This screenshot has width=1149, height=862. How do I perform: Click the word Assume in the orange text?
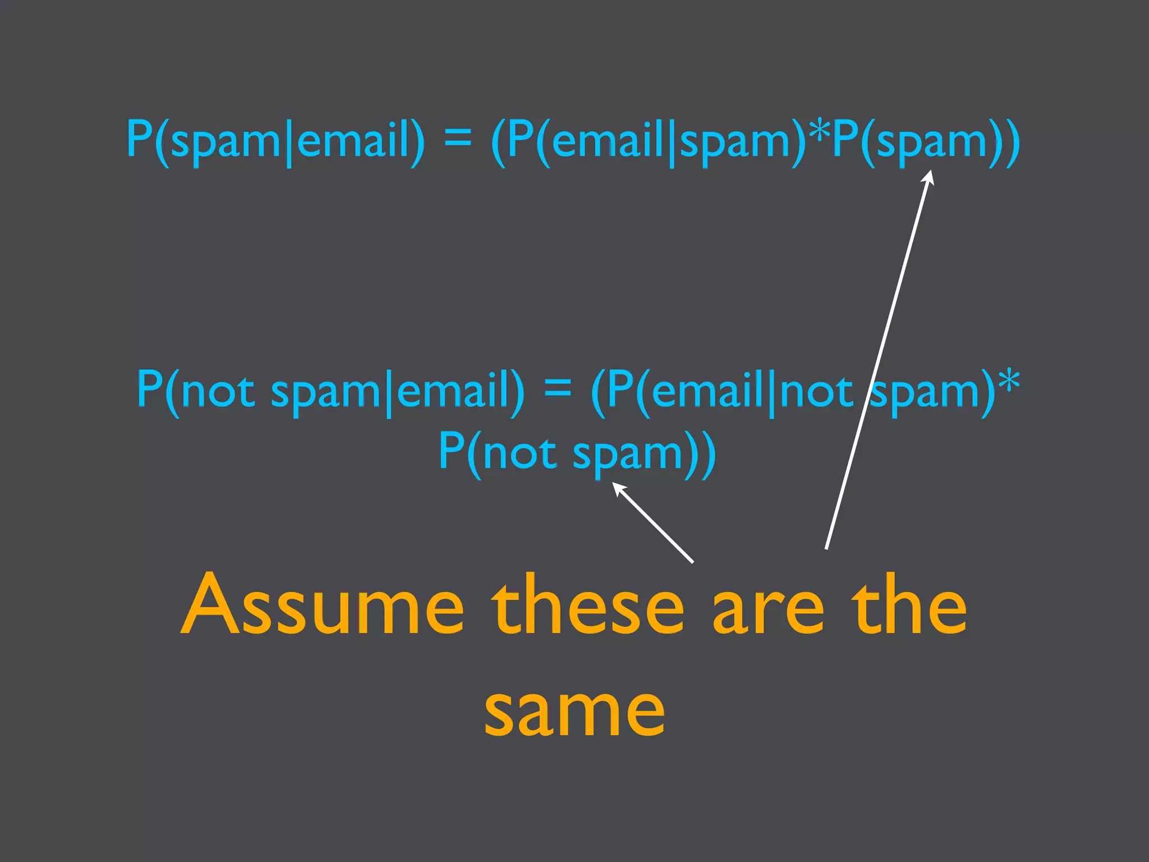(x=322, y=605)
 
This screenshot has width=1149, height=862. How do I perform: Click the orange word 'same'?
(x=574, y=709)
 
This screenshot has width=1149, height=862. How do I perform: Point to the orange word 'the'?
(x=909, y=605)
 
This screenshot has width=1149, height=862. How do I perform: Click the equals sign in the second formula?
(x=558, y=388)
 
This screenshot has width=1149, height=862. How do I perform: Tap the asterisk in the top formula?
(x=820, y=130)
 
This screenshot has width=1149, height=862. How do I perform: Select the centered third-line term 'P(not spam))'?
(x=577, y=452)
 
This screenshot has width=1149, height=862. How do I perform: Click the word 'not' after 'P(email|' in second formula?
(x=817, y=390)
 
